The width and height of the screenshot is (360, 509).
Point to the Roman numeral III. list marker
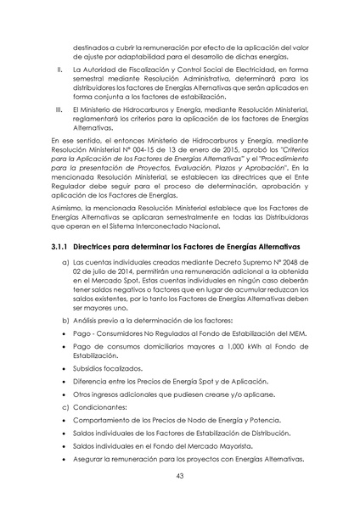[x=58, y=109]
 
